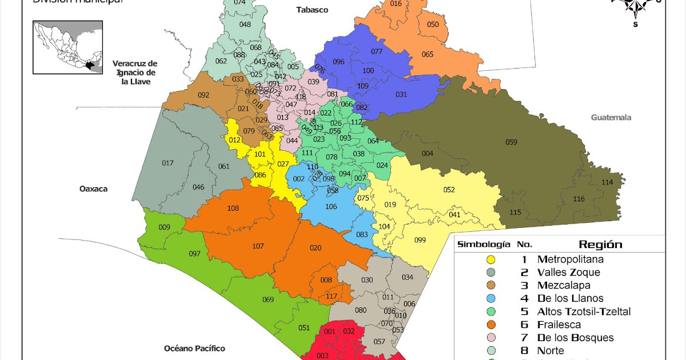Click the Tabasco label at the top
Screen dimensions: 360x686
click(312, 10)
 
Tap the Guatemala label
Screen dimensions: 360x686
click(611, 117)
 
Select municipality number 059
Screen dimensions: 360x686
click(511, 142)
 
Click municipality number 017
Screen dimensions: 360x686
click(167, 163)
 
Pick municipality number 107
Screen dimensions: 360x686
click(258, 246)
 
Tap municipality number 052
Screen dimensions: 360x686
click(449, 190)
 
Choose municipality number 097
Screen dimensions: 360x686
click(195, 254)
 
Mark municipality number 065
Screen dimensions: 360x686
click(428, 54)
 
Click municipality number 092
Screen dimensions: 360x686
click(204, 95)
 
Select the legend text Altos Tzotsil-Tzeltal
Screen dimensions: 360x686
click(583, 311)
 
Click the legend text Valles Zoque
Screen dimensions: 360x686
click(568, 273)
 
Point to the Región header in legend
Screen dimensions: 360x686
click(600, 245)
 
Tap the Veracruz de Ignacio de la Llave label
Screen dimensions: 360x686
click(135, 72)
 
